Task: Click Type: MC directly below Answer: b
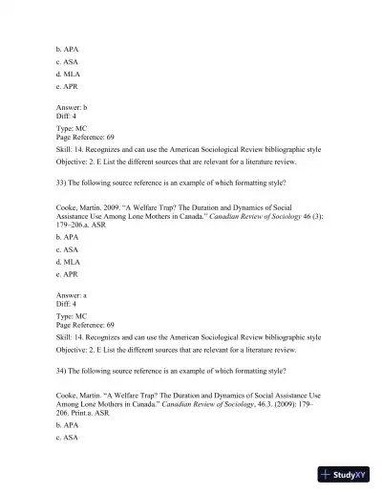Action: point(72,127)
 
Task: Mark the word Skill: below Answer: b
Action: point(65,151)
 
